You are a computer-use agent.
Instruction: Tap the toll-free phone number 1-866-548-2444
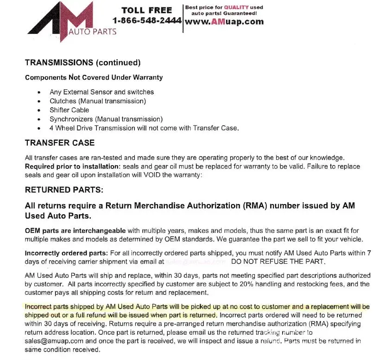pyautogui.click(x=147, y=21)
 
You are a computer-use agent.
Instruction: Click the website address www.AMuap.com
pyautogui.click(x=224, y=21)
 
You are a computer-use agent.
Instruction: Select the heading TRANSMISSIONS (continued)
pyautogui.click(x=82, y=62)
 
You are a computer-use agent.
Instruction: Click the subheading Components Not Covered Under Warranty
pyautogui.click(x=94, y=77)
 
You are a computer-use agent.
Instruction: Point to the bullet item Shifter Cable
pyautogui.click(x=69, y=110)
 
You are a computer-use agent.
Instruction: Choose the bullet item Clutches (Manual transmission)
pyautogui.click(x=98, y=101)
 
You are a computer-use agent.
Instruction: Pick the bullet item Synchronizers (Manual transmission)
pyautogui.click(x=106, y=119)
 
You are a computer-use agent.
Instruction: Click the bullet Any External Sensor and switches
pyautogui.click(x=101, y=92)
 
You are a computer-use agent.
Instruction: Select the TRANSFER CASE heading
pyautogui.click(x=60, y=143)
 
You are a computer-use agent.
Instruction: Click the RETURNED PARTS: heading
pyautogui.click(x=64, y=190)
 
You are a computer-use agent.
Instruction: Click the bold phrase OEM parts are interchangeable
pyautogui.click(x=75, y=230)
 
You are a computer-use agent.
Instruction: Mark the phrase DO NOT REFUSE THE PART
pyautogui.click(x=278, y=261)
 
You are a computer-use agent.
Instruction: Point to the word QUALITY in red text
pyautogui.click(x=237, y=7)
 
